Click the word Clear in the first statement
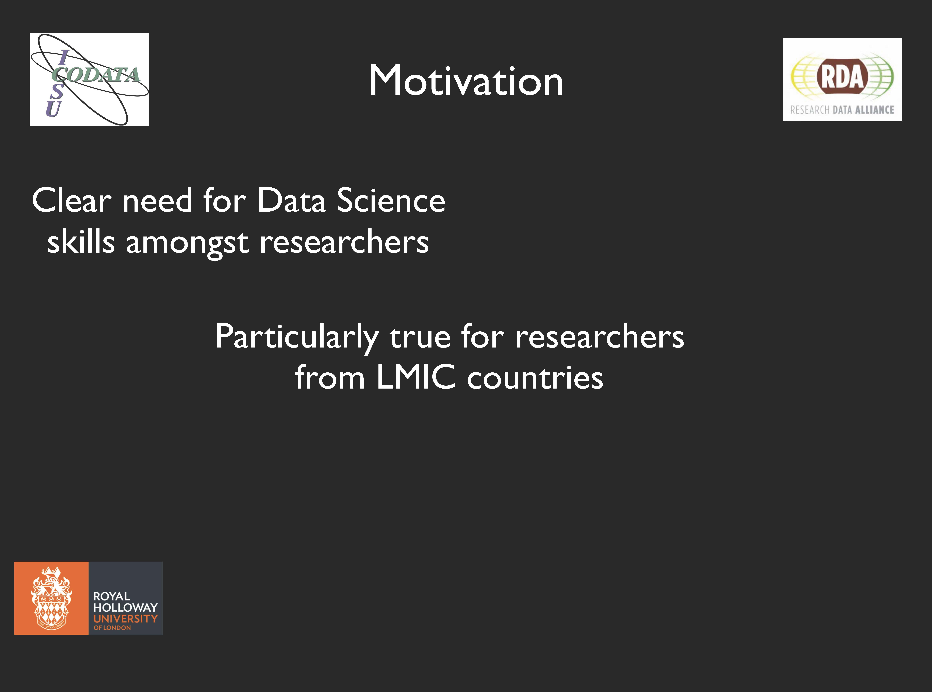click(x=71, y=200)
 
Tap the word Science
click(x=391, y=200)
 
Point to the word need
click(x=157, y=200)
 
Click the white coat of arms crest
click(x=51, y=598)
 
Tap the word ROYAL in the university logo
click(x=111, y=596)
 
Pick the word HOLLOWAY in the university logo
click(x=125, y=607)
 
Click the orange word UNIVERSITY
click(x=125, y=619)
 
